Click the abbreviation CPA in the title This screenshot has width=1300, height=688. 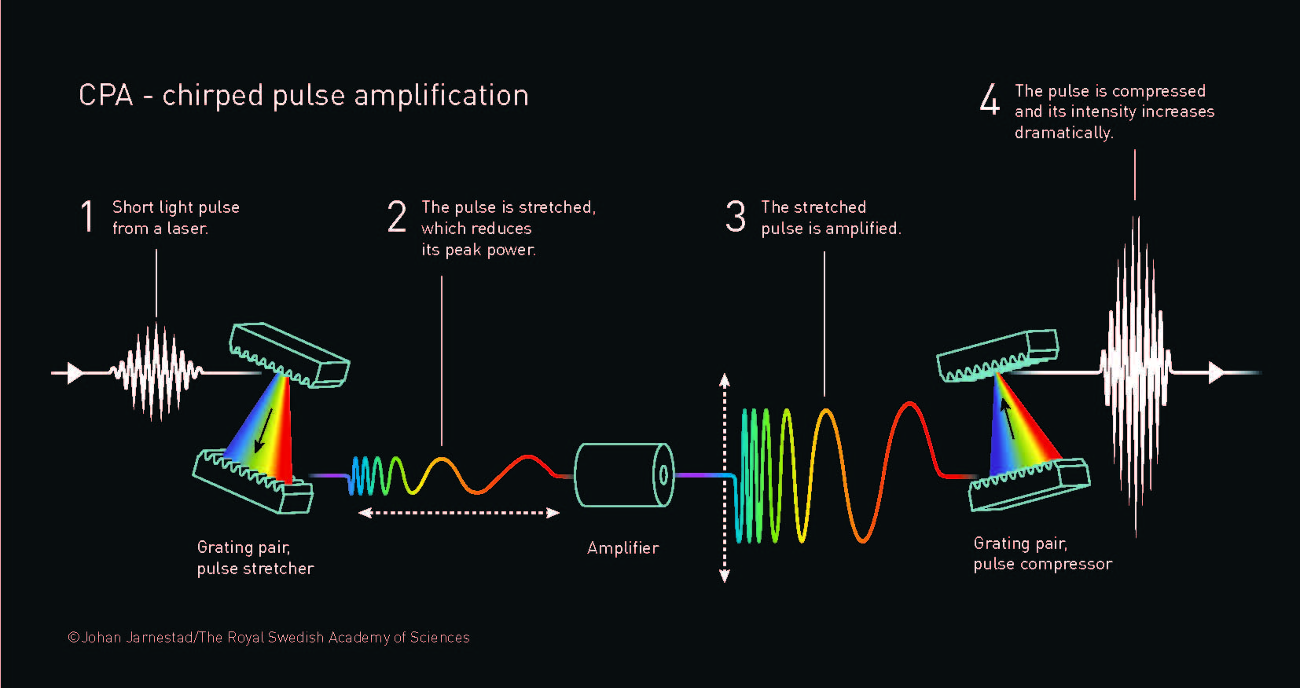pos(106,96)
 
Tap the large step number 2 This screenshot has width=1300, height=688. pos(397,217)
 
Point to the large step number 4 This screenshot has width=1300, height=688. pos(990,100)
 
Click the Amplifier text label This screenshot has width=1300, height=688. pos(622,548)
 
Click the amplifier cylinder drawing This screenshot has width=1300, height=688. pos(624,474)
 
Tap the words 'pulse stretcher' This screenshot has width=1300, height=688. pos(255,569)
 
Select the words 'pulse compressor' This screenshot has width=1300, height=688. pos(1042,564)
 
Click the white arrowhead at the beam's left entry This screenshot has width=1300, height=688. pos(75,372)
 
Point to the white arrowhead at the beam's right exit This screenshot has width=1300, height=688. pos(1216,372)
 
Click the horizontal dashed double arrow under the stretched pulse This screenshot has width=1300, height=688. pos(459,513)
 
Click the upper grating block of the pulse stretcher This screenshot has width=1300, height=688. pos(289,355)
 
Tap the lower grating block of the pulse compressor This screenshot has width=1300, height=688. pos(1030,482)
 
